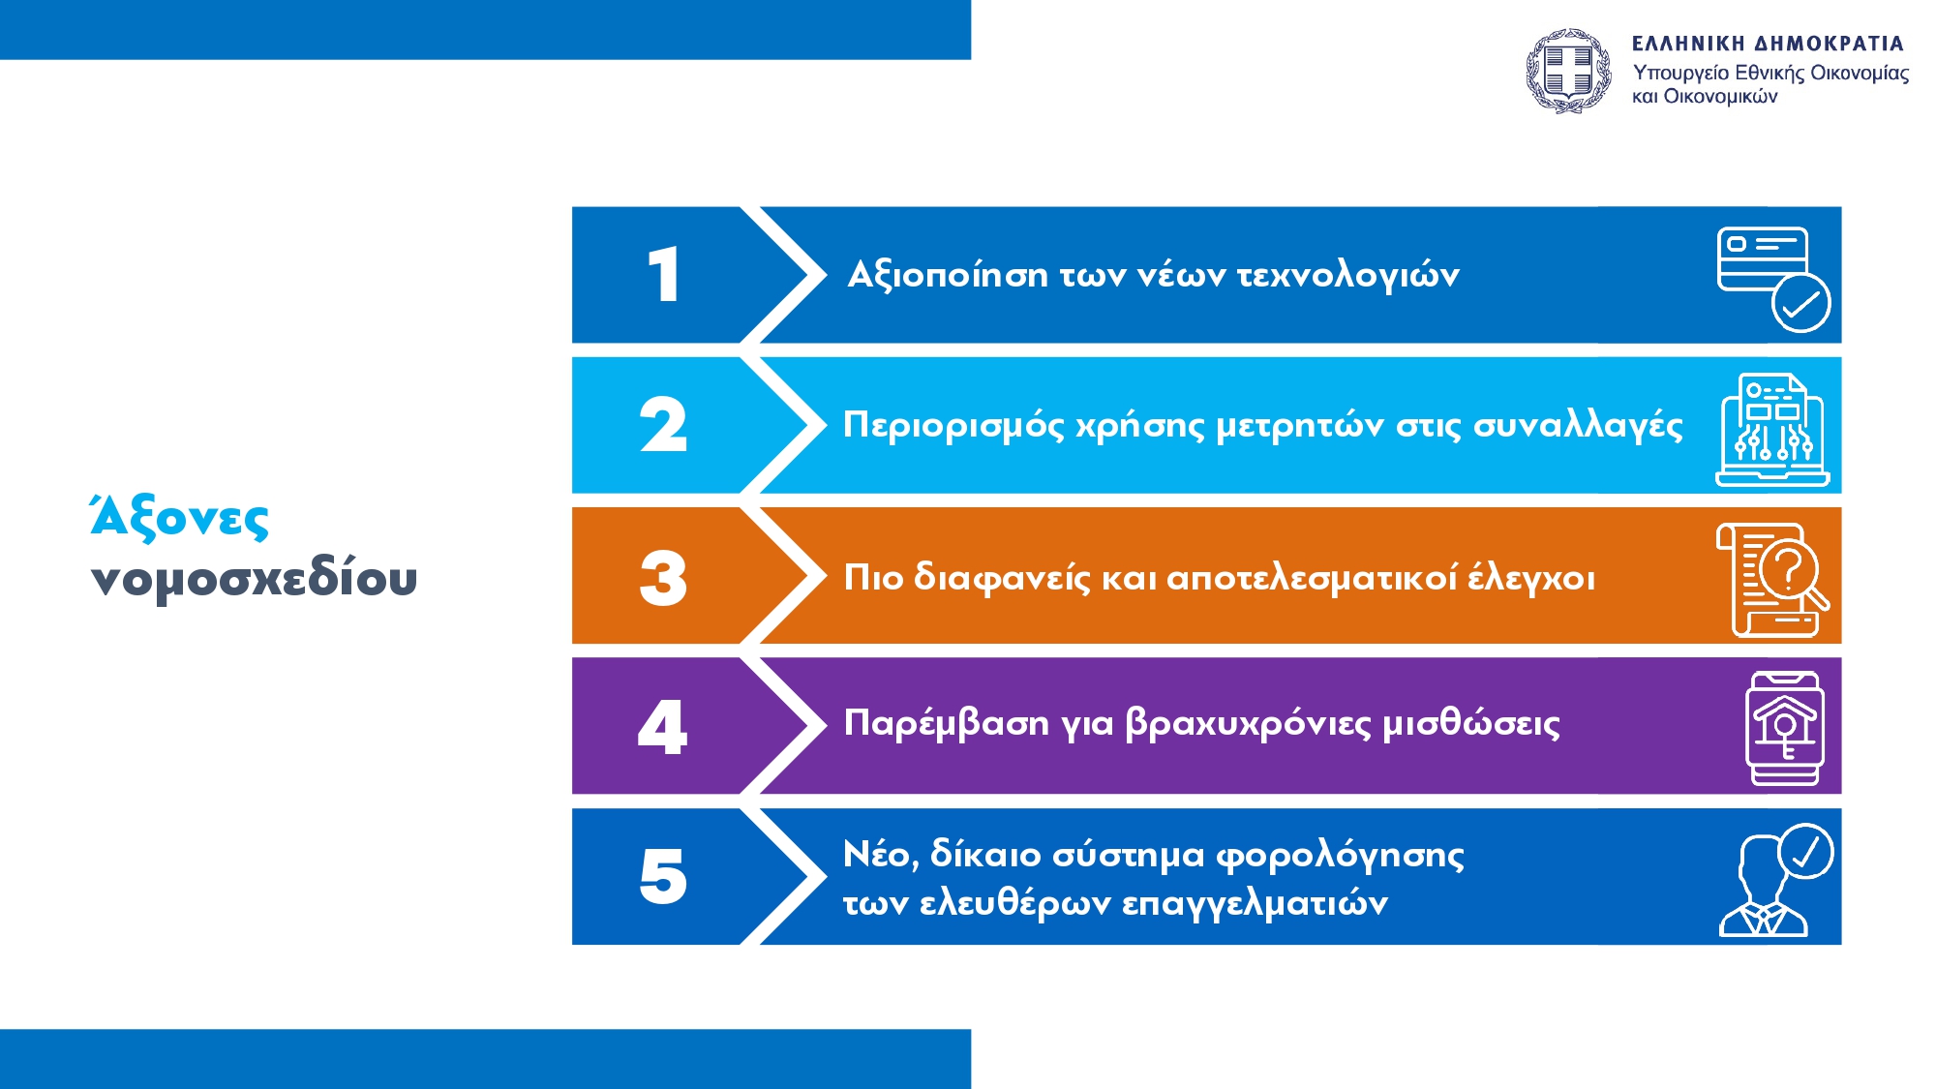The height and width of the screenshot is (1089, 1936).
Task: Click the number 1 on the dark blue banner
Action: pos(664,274)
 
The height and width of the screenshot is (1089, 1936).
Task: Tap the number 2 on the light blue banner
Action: pos(663,425)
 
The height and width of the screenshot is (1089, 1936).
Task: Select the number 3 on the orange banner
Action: pos(663,578)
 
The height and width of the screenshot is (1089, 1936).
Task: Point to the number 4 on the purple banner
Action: pos(663,727)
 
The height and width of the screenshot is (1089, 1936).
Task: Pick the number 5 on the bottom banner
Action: pos(663,877)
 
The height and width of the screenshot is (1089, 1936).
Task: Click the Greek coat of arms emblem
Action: pos(1568,71)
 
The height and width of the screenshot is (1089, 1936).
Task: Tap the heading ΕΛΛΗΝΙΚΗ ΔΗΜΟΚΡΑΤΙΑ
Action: pos(1768,44)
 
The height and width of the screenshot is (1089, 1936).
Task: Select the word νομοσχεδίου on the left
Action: pos(254,578)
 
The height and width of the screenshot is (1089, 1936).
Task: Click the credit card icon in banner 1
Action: pos(1773,279)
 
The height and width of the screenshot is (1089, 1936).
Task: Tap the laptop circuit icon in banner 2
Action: pos(1772,429)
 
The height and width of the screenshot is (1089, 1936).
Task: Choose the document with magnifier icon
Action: pos(1772,579)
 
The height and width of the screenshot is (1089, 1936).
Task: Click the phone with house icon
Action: pos(1785,728)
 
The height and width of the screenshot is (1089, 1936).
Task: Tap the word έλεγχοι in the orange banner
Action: pos(1531,578)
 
